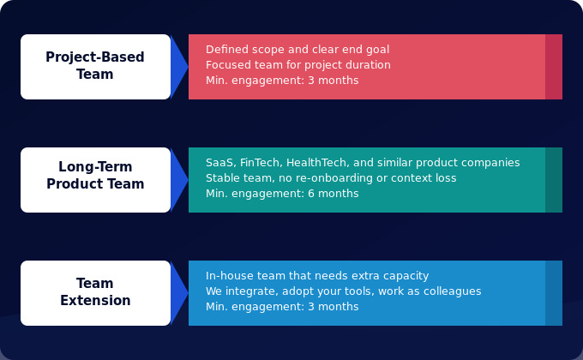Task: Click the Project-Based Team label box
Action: click(95, 66)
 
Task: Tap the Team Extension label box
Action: click(95, 292)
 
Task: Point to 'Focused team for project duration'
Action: click(298, 65)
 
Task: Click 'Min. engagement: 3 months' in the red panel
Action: click(282, 81)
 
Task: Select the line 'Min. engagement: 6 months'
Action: click(282, 194)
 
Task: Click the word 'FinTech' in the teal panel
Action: click(259, 163)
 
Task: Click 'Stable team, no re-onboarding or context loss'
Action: click(331, 178)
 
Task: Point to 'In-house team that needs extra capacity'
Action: click(317, 276)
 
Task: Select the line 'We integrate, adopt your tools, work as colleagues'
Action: click(343, 291)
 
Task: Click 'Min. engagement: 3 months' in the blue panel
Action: click(282, 307)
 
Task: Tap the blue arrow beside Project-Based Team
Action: click(178, 67)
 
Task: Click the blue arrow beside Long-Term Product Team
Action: click(178, 180)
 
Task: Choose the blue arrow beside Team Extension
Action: click(178, 293)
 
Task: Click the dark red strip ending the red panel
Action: click(554, 67)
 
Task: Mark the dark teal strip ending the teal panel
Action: click(554, 180)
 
